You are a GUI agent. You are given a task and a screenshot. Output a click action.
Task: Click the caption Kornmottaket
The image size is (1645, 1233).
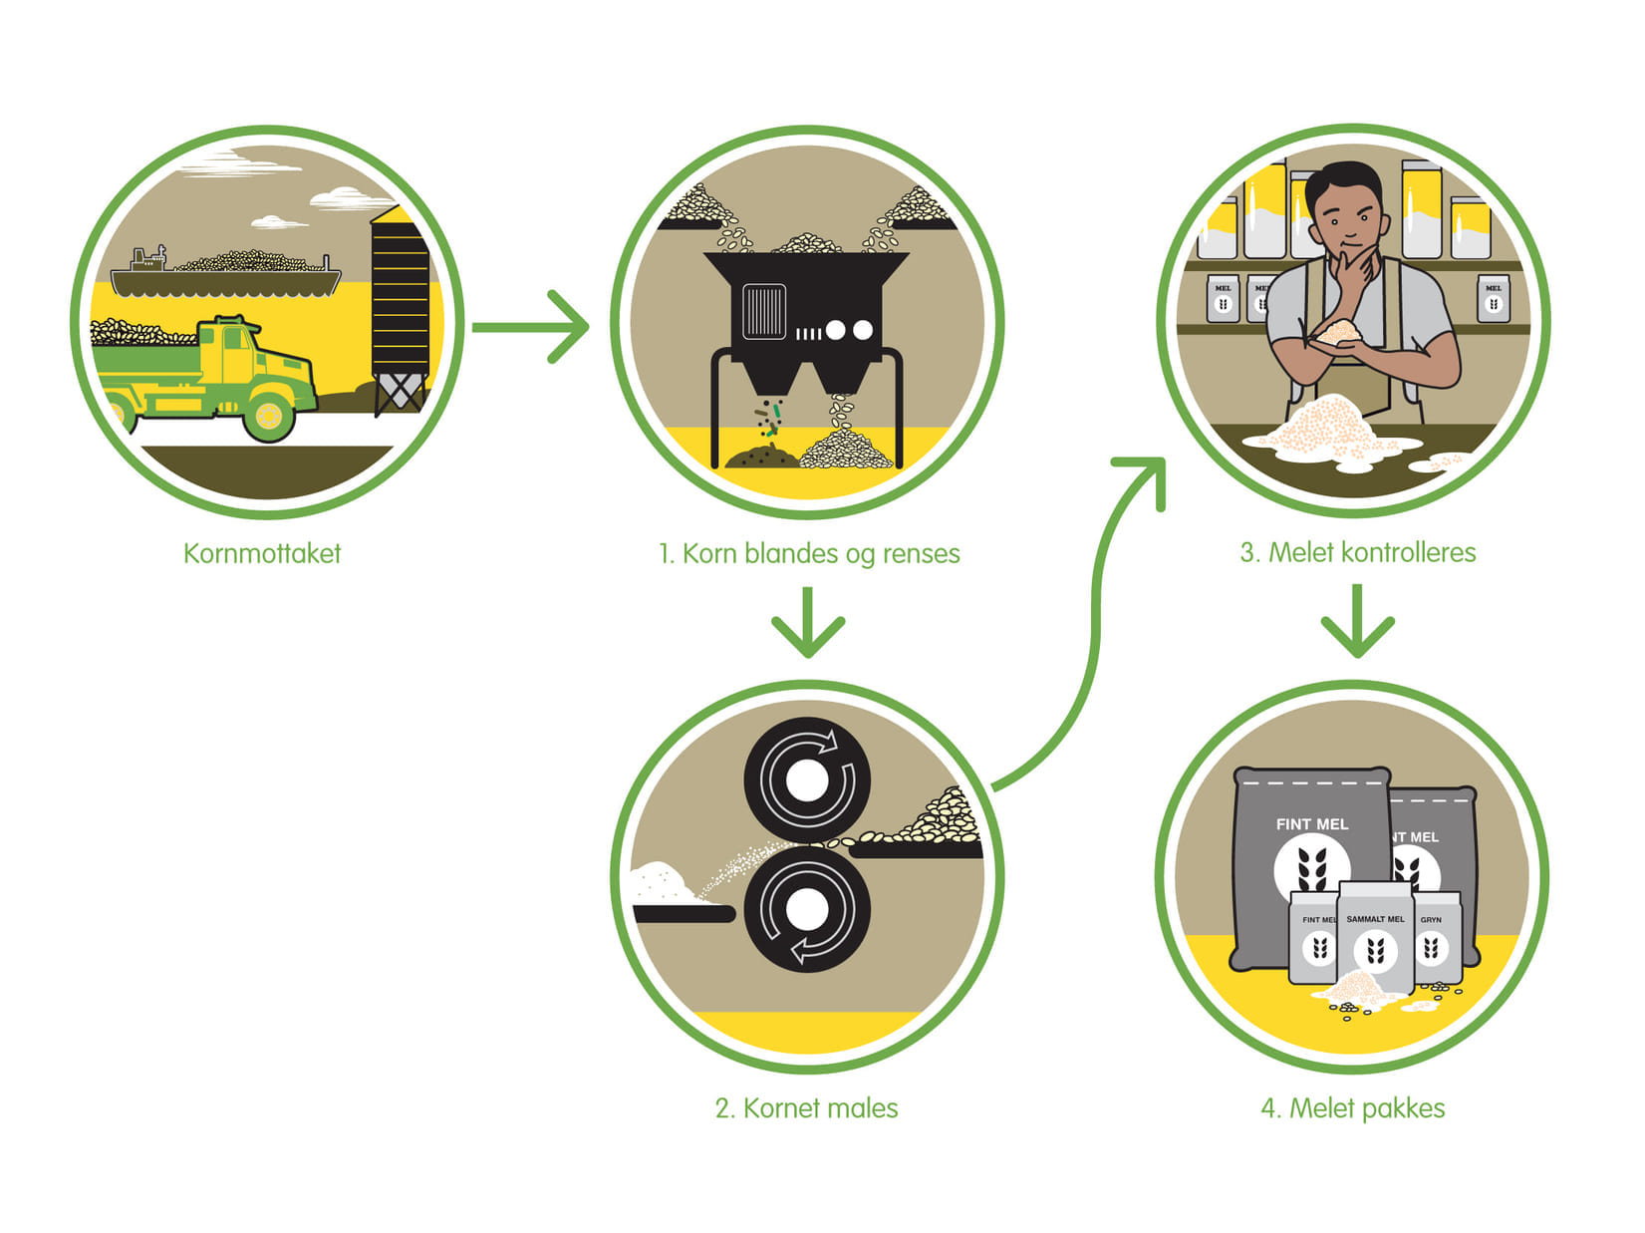click(x=262, y=554)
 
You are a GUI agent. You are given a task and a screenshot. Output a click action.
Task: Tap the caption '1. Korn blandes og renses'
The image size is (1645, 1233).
click(x=808, y=554)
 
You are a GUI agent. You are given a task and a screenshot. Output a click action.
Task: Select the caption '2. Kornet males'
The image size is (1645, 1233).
click(x=806, y=1108)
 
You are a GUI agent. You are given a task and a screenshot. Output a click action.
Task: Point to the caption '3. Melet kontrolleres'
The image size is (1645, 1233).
click(x=1357, y=553)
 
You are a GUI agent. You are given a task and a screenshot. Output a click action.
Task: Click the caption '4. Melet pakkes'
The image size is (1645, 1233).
click(x=1352, y=1108)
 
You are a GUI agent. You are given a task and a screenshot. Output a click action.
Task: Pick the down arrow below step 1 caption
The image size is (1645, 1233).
click(x=808, y=623)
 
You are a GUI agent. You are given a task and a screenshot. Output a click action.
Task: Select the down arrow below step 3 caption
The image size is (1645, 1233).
click(x=1357, y=622)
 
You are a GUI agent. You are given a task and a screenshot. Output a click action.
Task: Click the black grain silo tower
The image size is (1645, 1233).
click(x=400, y=299)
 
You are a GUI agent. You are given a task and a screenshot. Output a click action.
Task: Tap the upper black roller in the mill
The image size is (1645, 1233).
click(x=807, y=779)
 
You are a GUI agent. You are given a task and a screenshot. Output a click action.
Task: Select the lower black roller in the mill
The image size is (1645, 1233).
click(x=807, y=909)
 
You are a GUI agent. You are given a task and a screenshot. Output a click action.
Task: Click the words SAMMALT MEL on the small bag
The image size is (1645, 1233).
click(x=1375, y=919)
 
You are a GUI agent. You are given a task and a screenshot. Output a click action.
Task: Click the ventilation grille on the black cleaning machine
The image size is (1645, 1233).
click(x=764, y=311)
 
